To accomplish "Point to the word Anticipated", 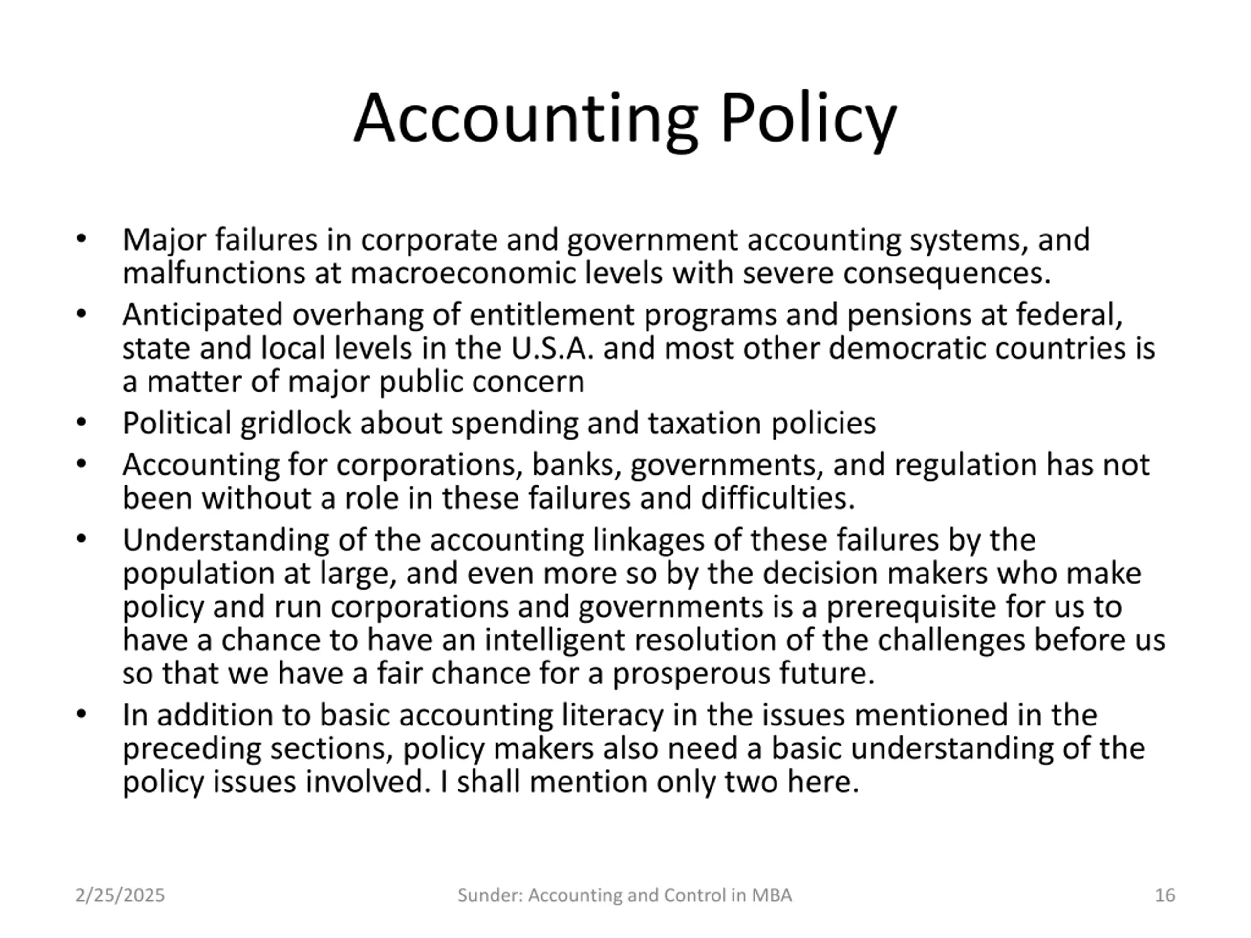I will [x=202, y=315].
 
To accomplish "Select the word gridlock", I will [x=295, y=424].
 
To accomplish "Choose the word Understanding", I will [x=226, y=540].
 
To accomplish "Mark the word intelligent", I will [x=554, y=640].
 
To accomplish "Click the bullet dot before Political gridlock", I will [x=82, y=423].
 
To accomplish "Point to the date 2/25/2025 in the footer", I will [x=120, y=895].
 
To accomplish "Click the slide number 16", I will [x=1165, y=895].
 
